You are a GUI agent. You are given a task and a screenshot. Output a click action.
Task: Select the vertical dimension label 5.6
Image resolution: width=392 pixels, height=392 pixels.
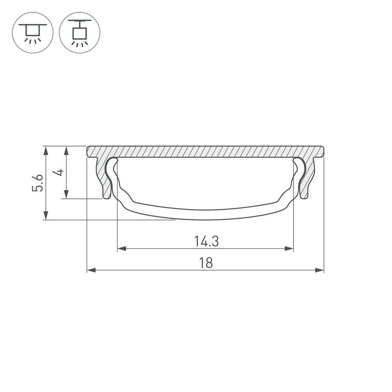(x=37, y=183)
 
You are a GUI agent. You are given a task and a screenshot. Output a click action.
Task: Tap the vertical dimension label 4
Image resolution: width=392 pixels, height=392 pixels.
(x=59, y=172)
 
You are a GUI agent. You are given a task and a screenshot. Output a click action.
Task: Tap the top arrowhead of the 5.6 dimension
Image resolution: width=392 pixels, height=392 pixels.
(x=46, y=151)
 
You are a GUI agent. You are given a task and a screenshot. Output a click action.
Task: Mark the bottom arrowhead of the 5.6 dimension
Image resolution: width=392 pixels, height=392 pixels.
(x=46, y=215)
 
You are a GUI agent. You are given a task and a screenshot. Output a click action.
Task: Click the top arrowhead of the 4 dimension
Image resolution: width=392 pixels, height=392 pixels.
(x=66, y=151)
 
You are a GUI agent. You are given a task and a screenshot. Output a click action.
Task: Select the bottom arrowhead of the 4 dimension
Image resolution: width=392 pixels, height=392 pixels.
(x=66, y=194)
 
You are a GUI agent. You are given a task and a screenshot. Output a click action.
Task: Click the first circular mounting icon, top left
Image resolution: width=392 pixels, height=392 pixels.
(x=33, y=33)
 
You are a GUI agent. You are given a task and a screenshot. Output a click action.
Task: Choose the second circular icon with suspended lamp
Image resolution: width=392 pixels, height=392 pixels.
(x=79, y=33)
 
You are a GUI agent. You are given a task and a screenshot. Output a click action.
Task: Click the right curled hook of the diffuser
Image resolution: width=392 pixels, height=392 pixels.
(x=299, y=163)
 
